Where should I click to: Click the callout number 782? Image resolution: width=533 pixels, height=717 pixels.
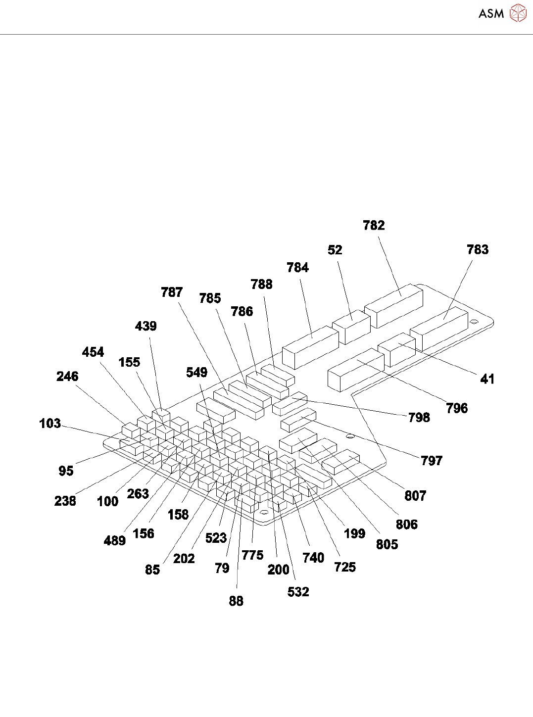pyautogui.click(x=374, y=226)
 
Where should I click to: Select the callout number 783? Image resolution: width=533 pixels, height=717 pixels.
pyautogui.click(x=478, y=249)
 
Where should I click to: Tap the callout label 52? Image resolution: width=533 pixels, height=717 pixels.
pyautogui.click(x=335, y=250)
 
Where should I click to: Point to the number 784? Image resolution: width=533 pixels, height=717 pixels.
pyautogui.click(x=297, y=268)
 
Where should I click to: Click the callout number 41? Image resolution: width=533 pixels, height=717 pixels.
pyautogui.click(x=487, y=379)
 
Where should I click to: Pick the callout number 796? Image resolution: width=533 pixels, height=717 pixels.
pyautogui.click(x=456, y=408)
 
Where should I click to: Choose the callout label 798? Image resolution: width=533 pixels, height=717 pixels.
pyautogui.click(x=419, y=418)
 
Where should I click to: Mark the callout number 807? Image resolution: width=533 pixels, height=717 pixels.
pyautogui.click(x=415, y=496)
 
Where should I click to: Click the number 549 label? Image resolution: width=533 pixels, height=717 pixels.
pyautogui.click(x=196, y=373)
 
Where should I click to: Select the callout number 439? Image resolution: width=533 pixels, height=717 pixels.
pyautogui.click(x=146, y=326)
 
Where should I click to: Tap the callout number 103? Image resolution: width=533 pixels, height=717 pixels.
pyautogui.click(x=50, y=424)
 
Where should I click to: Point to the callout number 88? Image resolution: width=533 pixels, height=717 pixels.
pyautogui.click(x=236, y=601)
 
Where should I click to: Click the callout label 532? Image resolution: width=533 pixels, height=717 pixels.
pyautogui.click(x=298, y=592)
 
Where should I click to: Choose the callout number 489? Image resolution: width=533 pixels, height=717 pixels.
pyautogui.click(x=114, y=541)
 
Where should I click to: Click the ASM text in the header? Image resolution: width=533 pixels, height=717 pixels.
pyautogui.click(x=491, y=14)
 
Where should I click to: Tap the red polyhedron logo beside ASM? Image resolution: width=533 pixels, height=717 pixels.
pyautogui.click(x=518, y=13)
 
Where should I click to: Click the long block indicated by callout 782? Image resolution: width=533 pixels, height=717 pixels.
pyautogui.click(x=396, y=303)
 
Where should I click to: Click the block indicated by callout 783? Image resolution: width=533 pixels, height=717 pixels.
pyautogui.click(x=440, y=327)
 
